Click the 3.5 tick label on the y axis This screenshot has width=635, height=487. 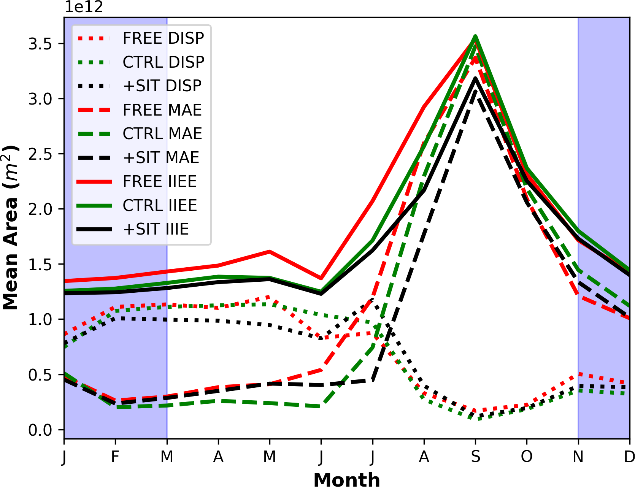[40, 44]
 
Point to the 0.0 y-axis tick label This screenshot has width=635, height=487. [40, 430]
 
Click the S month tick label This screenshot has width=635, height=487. [475, 457]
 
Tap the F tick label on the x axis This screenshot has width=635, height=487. [115, 457]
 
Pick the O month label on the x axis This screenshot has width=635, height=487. [527, 457]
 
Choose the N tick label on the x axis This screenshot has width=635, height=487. [578, 457]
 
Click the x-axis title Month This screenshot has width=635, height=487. [346, 479]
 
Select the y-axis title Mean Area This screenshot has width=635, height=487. [11, 227]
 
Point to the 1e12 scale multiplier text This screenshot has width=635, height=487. [84, 7]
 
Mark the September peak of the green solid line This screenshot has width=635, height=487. [475, 36]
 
